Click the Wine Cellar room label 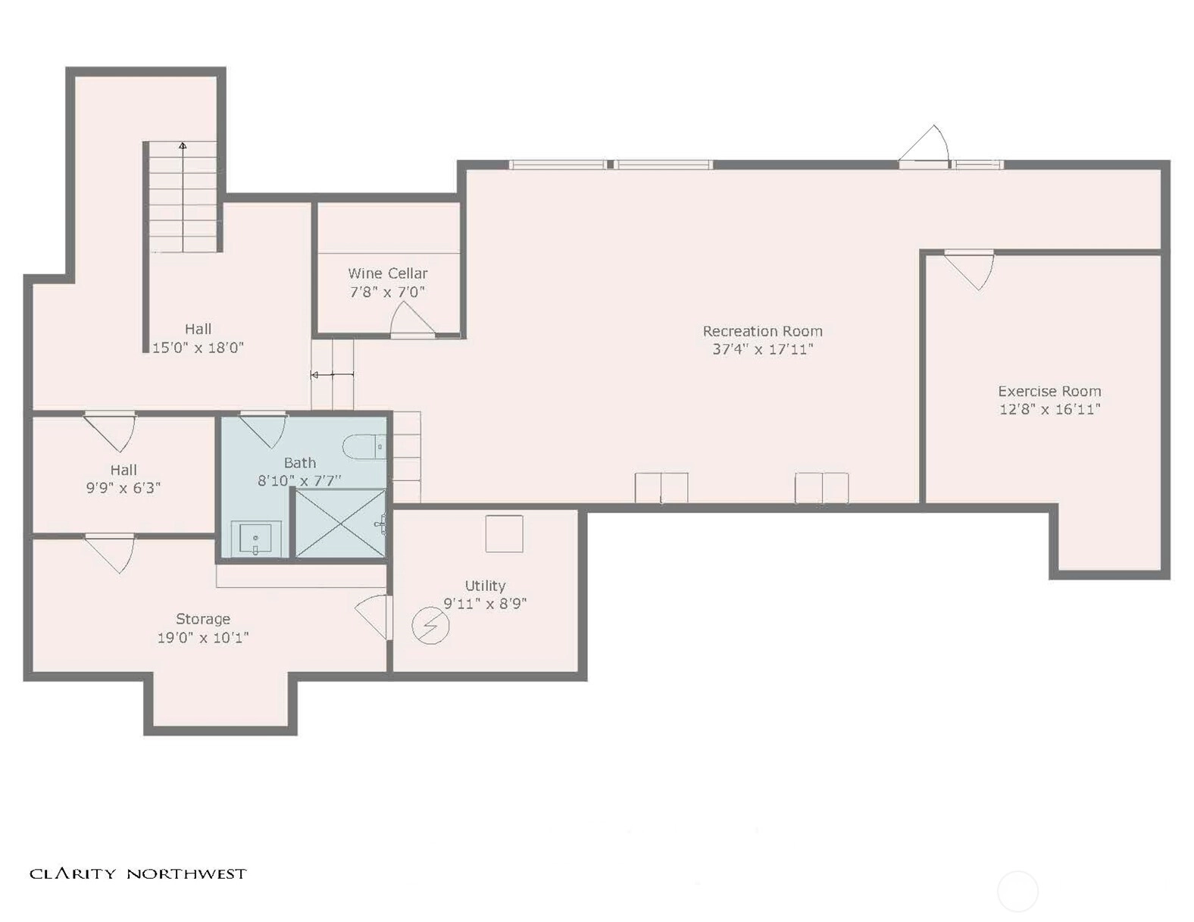click(x=387, y=273)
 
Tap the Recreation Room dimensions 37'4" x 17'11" click(x=763, y=349)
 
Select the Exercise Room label click(x=1049, y=391)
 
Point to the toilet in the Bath click(x=365, y=447)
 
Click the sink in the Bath click(x=256, y=539)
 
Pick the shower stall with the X click(x=341, y=523)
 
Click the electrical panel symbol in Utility click(x=431, y=625)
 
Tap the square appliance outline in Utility click(x=504, y=533)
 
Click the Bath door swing click(x=264, y=430)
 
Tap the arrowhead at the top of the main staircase click(x=183, y=145)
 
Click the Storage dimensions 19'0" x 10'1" click(x=203, y=638)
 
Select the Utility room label click(x=485, y=585)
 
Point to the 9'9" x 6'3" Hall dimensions click(x=123, y=488)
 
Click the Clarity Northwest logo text click(x=138, y=874)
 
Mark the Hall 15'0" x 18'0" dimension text click(x=198, y=348)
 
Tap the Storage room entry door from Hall click(x=109, y=553)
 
